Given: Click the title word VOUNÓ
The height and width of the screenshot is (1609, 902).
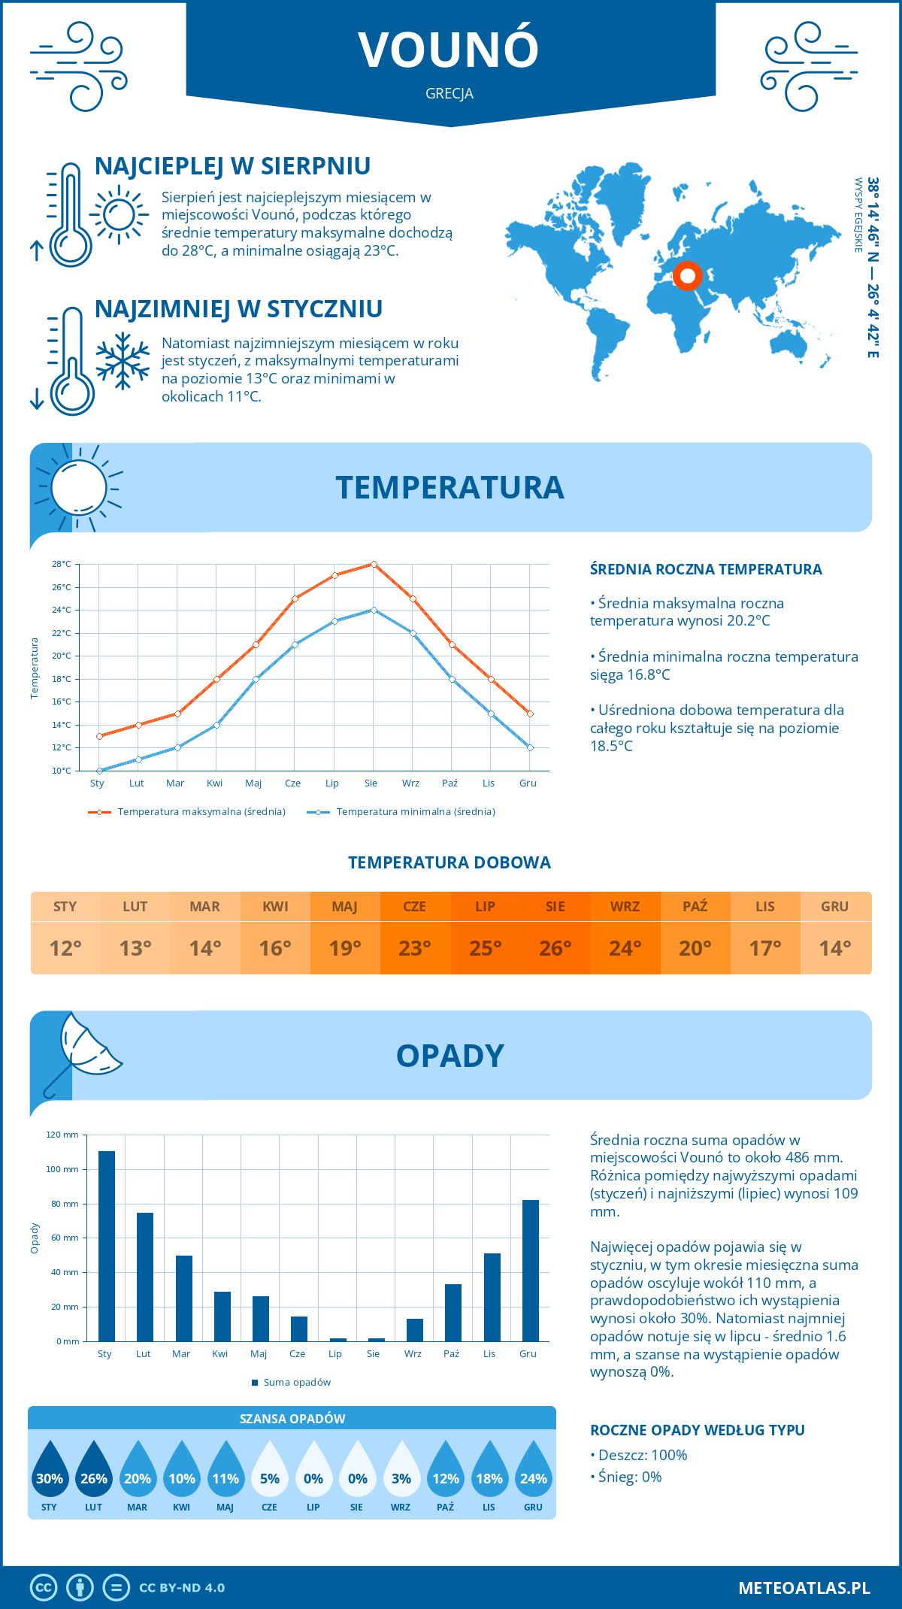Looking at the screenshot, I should point(449,50).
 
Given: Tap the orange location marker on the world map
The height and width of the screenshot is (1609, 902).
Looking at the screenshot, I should point(687,276).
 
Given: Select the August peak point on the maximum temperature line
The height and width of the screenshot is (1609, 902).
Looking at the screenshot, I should point(374,564).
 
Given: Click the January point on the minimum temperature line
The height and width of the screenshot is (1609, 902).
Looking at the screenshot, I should point(99,771).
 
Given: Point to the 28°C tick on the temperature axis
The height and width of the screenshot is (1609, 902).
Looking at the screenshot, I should point(62,564).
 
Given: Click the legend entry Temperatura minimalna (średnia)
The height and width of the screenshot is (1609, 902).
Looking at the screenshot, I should point(415,812).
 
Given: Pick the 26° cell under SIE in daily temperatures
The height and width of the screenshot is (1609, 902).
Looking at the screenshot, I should point(555,948).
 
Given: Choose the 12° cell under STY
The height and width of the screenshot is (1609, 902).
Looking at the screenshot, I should point(65,948).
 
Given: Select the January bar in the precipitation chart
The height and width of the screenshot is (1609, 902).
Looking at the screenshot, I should point(107,1246).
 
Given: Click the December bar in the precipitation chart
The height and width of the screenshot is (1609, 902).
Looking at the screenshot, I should point(531,1271).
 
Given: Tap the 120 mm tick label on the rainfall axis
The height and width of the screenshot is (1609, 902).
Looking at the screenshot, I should point(62,1135).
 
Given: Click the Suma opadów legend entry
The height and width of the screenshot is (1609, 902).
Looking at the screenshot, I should point(296,1383).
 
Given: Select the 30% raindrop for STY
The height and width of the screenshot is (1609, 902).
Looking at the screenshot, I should point(50,1469).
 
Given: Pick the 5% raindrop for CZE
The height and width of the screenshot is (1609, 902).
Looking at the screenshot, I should point(270,1469).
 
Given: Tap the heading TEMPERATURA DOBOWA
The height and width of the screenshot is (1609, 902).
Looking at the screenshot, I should point(449,862).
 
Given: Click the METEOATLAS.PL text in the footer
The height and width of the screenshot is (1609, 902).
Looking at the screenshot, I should point(804,1588).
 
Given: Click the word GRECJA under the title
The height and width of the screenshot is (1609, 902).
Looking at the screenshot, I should point(449,94).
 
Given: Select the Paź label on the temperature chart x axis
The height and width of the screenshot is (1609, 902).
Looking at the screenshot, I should point(449,783).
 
